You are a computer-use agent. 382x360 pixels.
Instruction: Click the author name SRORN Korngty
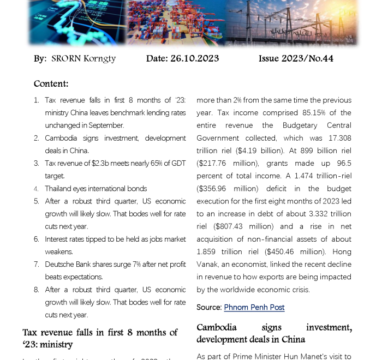(83, 58)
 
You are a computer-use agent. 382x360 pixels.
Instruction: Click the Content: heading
(51, 83)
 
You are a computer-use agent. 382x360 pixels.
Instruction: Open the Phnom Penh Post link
(254, 307)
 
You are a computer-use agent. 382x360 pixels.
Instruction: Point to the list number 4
(36, 189)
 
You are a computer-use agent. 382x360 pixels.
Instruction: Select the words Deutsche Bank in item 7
(68, 264)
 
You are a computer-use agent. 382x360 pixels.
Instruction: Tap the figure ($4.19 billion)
(223, 151)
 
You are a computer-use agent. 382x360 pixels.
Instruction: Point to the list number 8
(36, 290)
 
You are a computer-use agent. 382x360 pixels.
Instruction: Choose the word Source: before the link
(209, 307)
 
